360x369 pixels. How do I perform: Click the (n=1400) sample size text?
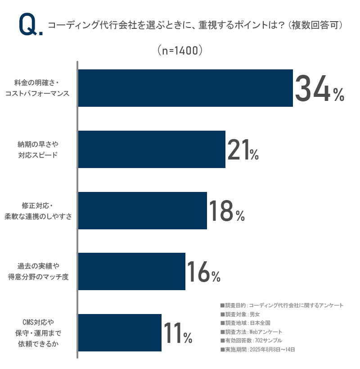coord(180,50)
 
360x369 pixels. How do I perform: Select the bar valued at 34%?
coord(185,88)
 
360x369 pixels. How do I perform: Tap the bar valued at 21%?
coord(152,149)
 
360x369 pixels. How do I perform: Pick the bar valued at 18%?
coord(143,210)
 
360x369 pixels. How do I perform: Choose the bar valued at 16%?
coord(132,271)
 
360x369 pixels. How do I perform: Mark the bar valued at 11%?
coord(120,333)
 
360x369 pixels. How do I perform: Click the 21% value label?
coord(243,150)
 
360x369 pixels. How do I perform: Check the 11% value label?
coord(178,333)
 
